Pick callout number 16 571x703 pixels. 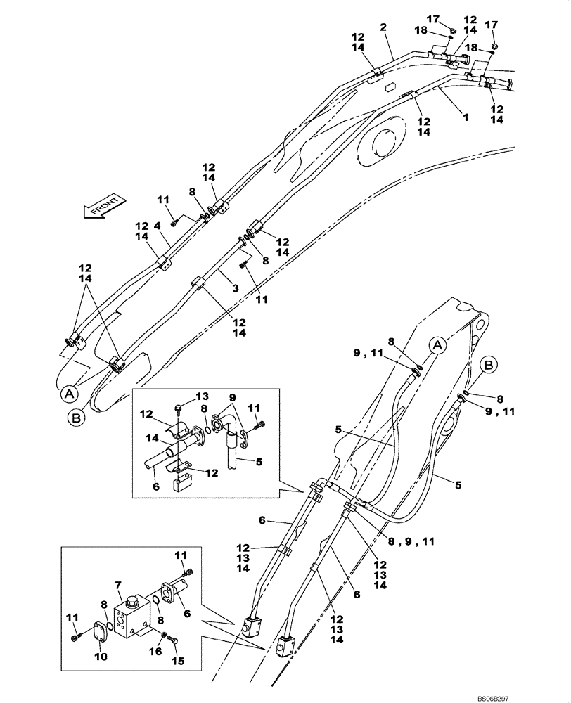[x=156, y=652]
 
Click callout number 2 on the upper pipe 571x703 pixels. [x=384, y=27]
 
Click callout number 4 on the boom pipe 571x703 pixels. [x=158, y=226]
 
